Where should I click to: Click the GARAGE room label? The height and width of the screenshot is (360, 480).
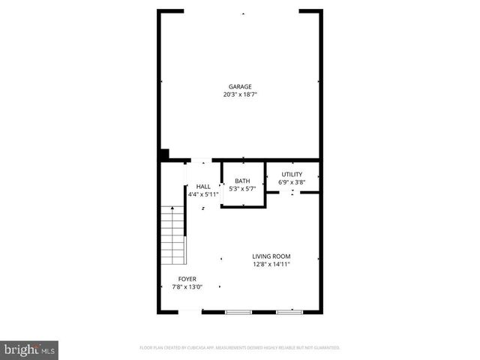coord(240,86)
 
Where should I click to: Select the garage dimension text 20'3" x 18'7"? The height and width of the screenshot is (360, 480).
coord(240,94)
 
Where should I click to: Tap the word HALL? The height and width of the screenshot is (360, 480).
coord(203,187)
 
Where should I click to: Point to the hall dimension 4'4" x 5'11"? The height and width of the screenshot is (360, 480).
coord(203,194)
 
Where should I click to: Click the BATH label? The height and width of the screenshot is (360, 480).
coord(242,181)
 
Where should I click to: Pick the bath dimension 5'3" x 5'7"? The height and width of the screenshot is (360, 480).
coord(242,188)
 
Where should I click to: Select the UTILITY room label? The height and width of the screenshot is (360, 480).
coord(292,174)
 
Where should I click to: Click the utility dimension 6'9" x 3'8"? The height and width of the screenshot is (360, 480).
coord(292,181)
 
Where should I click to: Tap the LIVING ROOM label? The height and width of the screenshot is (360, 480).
coord(271,256)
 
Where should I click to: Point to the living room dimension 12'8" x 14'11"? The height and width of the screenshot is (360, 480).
coord(271,264)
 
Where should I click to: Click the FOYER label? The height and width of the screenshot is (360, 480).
coord(187,278)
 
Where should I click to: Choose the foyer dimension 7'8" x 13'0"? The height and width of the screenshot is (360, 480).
coord(187,286)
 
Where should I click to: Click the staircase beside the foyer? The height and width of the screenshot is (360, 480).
coord(173,235)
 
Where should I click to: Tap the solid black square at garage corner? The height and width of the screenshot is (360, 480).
coord(163,154)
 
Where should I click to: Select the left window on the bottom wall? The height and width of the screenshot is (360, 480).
coord(238,311)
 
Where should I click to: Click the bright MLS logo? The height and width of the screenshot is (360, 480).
coord(30,349)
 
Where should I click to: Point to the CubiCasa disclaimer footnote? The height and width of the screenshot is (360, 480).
coord(240,348)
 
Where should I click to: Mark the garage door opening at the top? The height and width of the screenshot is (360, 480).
coord(241,11)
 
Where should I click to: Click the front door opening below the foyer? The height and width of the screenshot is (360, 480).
coord(190,311)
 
